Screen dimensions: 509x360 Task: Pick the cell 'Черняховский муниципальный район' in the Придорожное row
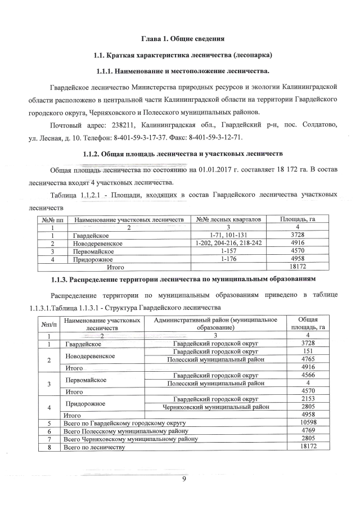click(x=216, y=407)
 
